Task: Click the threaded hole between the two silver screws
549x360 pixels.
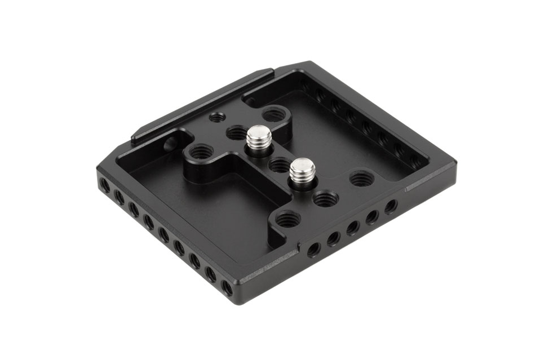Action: [278, 165]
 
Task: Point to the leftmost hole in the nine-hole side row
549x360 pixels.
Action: [104, 185]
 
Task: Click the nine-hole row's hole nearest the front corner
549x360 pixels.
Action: [227, 288]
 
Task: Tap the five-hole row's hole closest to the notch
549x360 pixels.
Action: [314, 248]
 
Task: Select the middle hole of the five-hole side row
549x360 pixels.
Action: [353, 227]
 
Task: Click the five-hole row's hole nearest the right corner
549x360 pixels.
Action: [391, 206]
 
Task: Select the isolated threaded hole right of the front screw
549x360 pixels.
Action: [361, 180]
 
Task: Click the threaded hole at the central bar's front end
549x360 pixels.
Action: [287, 219]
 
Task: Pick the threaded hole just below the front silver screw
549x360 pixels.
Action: [325, 198]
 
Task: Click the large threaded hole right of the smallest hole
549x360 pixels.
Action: [273, 115]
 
